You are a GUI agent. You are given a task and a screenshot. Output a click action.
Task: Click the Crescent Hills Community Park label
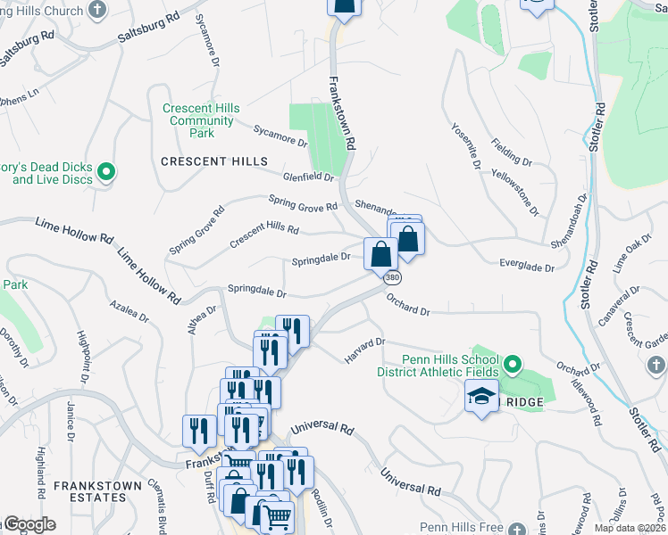click(201, 121)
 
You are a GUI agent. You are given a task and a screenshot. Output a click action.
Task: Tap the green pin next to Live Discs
click(106, 171)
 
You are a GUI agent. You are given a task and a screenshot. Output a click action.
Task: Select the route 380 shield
click(392, 278)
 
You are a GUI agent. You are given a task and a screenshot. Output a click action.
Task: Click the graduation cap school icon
click(481, 396)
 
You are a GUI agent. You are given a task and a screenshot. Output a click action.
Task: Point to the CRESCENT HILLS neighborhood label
click(213, 161)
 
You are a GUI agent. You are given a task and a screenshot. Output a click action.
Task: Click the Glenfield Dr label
click(308, 177)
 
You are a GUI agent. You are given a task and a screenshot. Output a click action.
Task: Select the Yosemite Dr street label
click(466, 146)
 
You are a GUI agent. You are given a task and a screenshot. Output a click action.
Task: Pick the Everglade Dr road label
click(527, 267)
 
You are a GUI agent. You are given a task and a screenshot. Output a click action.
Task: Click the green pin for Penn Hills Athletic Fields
click(513, 365)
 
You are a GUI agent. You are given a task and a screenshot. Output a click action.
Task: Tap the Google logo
click(29, 525)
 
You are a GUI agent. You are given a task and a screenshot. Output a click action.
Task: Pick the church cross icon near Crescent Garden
click(655, 366)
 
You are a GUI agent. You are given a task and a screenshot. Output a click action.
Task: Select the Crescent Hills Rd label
click(263, 235)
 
